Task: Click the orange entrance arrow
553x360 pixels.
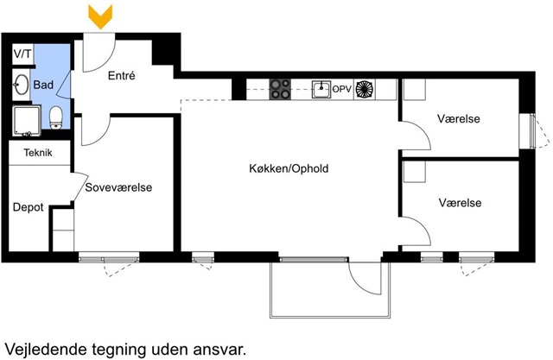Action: tap(100, 16)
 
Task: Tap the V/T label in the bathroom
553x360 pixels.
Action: tap(22, 54)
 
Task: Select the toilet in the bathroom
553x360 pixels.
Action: tap(55, 117)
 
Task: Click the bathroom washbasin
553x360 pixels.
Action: tap(21, 85)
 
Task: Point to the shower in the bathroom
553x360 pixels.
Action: tap(27, 121)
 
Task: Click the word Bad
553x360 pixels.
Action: tap(43, 85)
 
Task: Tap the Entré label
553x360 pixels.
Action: tap(121, 75)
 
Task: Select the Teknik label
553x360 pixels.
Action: tap(38, 153)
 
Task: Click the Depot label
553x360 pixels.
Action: tap(29, 207)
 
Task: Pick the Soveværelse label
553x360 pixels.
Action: tap(118, 187)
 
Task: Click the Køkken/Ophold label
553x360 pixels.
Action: tap(289, 168)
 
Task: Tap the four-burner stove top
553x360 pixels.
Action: tap(280, 89)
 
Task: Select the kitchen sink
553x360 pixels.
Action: tap(321, 89)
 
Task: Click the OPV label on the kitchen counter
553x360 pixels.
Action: tap(342, 89)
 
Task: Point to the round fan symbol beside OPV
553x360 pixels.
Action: tap(365, 89)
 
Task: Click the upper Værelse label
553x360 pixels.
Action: tap(459, 118)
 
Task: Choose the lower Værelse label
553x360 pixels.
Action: tap(460, 203)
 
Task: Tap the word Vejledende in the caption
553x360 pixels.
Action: tap(46, 350)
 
